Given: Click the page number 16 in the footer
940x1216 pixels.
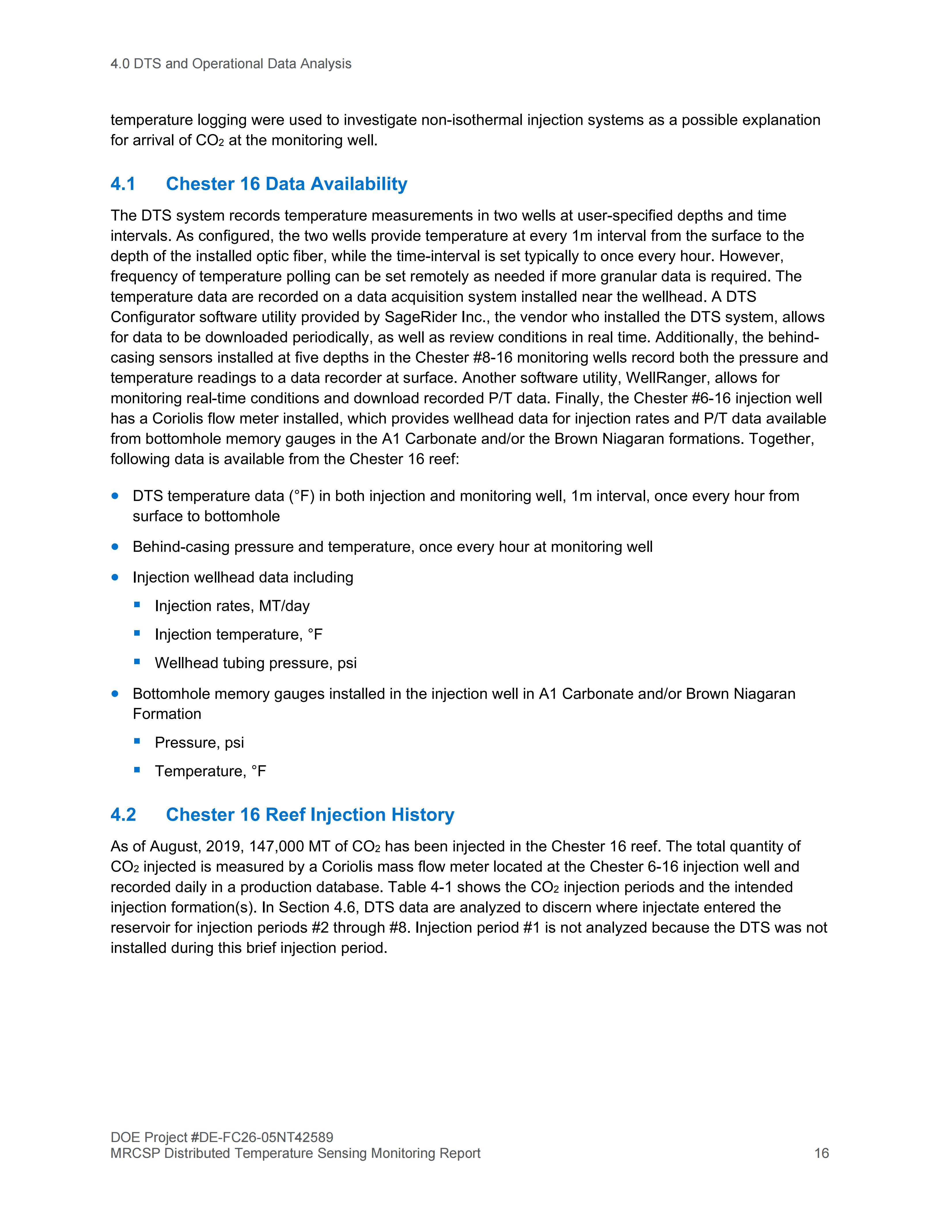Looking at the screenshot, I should (821, 1153).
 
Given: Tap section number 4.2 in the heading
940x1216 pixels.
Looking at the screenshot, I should (123, 815).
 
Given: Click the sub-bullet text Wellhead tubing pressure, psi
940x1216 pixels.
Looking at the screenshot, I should (256, 663).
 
